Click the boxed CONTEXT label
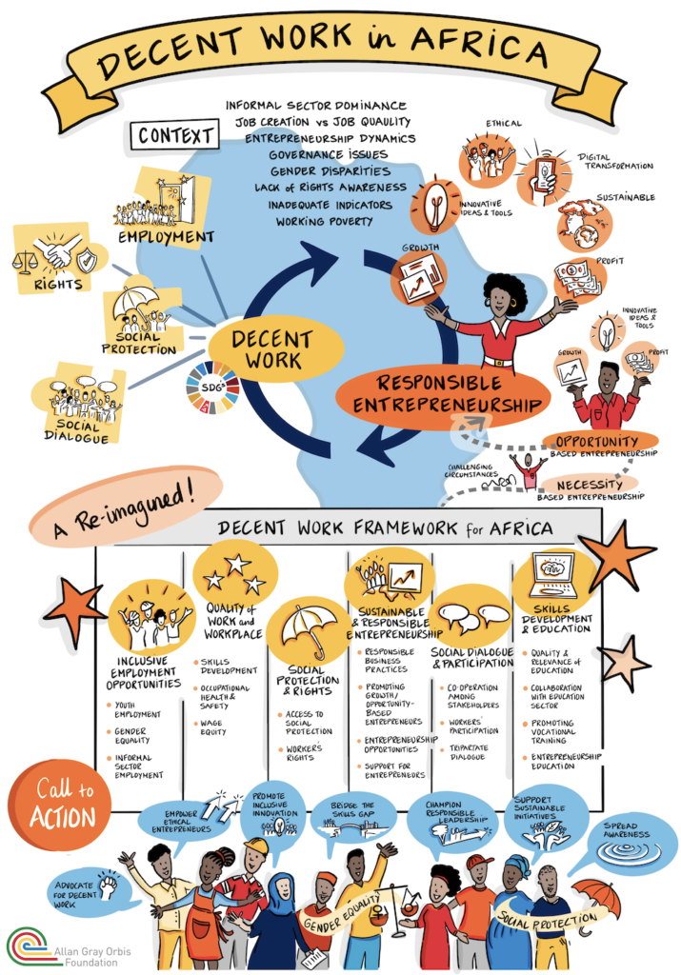pos(175,135)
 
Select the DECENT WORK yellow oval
pos(271,349)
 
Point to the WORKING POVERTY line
pos(324,221)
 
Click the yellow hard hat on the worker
pos(256,846)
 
